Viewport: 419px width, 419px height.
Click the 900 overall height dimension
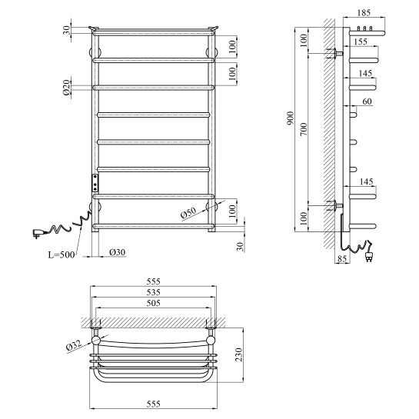[x=291, y=118]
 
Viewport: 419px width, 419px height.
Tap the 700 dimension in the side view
[x=304, y=129]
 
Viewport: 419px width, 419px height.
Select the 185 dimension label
[x=364, y=12]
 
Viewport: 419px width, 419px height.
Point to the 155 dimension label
[x=361, y=42]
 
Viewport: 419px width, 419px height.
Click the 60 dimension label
[x=367, y=101]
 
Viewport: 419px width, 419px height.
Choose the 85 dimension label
[x=342, y=258]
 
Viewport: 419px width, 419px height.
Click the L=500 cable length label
[x=62, y=254]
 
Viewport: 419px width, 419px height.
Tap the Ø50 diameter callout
[x=188, y=214]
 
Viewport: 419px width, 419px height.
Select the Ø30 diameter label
[x=118, y=252]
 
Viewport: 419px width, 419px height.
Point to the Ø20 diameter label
[x=67, y=88]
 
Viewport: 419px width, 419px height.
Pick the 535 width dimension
[x=154, y=292]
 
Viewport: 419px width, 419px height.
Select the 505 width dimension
[x=154, y=303]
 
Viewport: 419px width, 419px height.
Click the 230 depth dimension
[x=238, y=354]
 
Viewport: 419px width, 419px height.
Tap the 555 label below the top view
[x=154, y=404]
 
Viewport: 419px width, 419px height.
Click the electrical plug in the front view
[x=38, y=233]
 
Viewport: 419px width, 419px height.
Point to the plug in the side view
[x=369, y=256]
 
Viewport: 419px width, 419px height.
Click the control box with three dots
[x=95, y=183]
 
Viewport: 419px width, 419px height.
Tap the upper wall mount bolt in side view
[x=335, y=54]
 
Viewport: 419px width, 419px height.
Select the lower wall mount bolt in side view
[x=335, y=205]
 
